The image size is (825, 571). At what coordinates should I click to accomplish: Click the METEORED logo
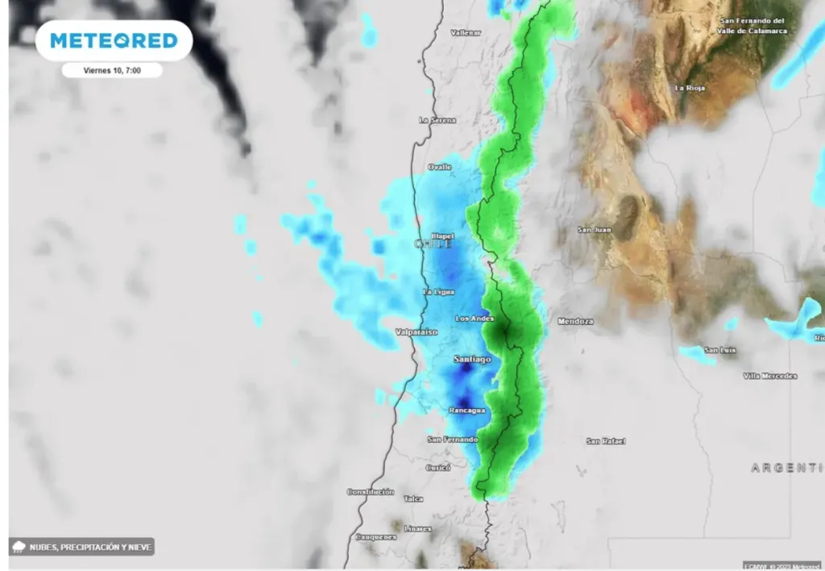tap(114, 40)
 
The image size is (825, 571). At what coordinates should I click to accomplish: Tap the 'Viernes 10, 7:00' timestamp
tap(113, 70)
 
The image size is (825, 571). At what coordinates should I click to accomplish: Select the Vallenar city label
tap(466, 32)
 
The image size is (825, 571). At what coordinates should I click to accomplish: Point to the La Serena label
tap(437, 120)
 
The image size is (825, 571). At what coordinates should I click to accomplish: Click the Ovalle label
tap(440, 167)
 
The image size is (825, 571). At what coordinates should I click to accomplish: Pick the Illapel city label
tap(443, 236)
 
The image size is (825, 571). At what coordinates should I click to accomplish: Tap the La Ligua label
tap(439, 291)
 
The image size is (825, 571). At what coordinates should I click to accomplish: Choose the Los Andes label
tap(474, 319)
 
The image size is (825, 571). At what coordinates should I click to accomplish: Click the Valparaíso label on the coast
tap(417, 331)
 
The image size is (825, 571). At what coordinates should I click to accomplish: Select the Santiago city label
tap(472, 359)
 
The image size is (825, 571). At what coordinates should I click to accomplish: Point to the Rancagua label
tap(466, 411)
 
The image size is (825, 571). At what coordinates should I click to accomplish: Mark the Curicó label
tap(438, 468)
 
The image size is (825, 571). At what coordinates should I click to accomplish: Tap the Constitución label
tap(371, 491)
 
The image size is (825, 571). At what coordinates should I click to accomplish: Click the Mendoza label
tap(575, 321)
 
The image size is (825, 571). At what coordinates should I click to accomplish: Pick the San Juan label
tap(595, 230)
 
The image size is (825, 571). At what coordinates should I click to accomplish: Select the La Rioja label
tap(690, 87)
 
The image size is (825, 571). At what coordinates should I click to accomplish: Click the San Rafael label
tap(606, 441)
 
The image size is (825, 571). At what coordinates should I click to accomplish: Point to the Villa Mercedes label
tap(770, 376)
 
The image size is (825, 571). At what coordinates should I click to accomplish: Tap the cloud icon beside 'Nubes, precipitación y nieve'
tap(19, 547)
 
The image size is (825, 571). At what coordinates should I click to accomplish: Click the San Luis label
tap(719, 350)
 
